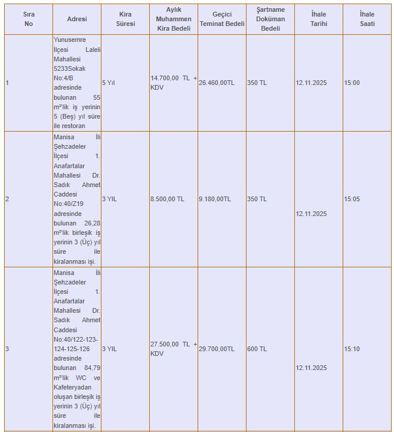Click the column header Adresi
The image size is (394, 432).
tap(77, 19)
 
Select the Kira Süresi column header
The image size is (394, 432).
tap(125, 19)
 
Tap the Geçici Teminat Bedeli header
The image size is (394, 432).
tap(222, 19)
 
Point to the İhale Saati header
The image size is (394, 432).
tap(367, 19)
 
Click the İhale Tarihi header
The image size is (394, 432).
tap(319, 19)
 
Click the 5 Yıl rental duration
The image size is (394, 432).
tap(109, 83)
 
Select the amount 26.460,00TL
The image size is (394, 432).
tap(216, 83)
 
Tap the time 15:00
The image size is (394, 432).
tap(352, 83)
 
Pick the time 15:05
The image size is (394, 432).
tap(352, 199)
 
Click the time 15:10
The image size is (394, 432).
tap(352, 349)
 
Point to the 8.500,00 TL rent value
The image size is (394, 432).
tap(167, 199)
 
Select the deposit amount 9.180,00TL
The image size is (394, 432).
tap(215, 199)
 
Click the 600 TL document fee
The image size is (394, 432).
tap(257, 349)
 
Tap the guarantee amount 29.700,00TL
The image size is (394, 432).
tap(216, 349)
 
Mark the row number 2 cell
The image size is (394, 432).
tap(7, 199)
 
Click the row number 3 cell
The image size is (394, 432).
tap(7, 349)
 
